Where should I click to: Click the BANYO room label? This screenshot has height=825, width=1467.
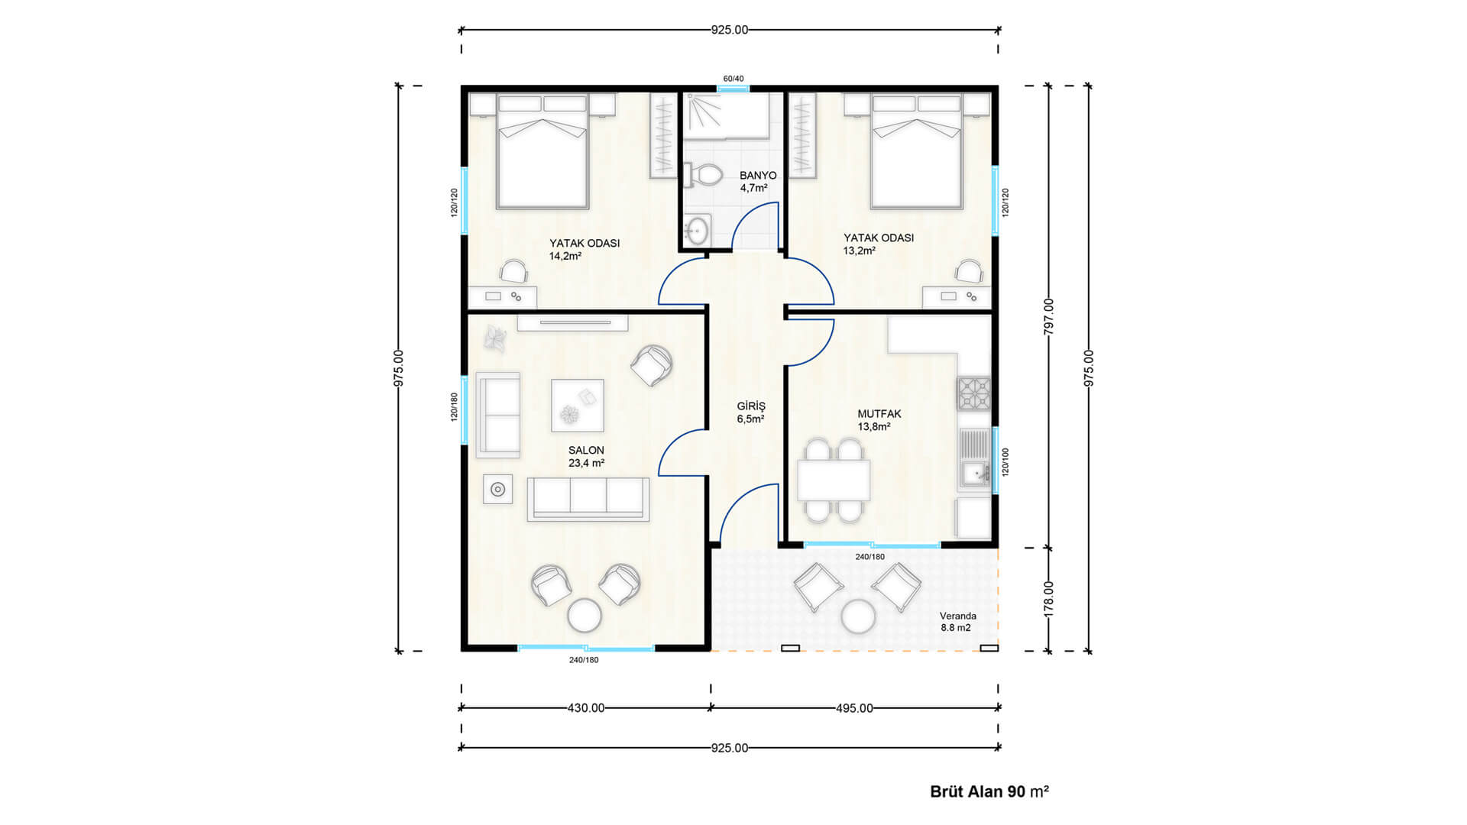pyautogui.click(x=757, y=176)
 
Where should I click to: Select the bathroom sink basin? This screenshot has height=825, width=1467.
pyautogui.click(x=697, y=228)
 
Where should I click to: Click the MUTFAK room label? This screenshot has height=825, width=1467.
pyautogui.click(x=879, y=414)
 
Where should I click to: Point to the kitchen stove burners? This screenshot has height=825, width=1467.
pyautogui.click(x=974, y=395)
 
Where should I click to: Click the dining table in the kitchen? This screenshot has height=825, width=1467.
pyautogui.click(x=834, y=480)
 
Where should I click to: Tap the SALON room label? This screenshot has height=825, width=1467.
pyautogui.click(x=586, y=451)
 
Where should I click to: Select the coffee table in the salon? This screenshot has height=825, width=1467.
pyautogui.click(x=578, y=406)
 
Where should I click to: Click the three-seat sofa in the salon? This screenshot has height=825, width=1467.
pyautogui.click(x=588, y=500)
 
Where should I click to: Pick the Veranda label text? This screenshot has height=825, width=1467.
pyautogui.click(x=958, y=616)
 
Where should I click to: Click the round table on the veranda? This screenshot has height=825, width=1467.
pyautogui.click(x=857, y=616)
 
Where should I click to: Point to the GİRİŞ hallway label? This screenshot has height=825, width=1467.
pyautogui.click(x=751, y=406)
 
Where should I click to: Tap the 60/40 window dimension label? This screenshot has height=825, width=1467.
pyautogui.click(x=733, y=79)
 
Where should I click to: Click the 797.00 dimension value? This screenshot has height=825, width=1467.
pyautogui.click(x=1049, y=316)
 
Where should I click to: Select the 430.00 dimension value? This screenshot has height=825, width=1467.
pyautogui.click(x=586, y=708)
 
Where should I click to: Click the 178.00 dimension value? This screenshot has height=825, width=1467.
pyautogui.click(x=1049, y=599)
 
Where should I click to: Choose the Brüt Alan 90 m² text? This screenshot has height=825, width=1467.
pyautogui.click(x=989, y=791)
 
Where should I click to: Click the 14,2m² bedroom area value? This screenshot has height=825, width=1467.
pyautogui.click(x=565, y=256)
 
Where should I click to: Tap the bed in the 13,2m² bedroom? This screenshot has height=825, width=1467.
pyautogui.click(x=916, y=151)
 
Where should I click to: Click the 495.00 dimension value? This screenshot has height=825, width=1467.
pyautogui.click(x=854, y=708)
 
